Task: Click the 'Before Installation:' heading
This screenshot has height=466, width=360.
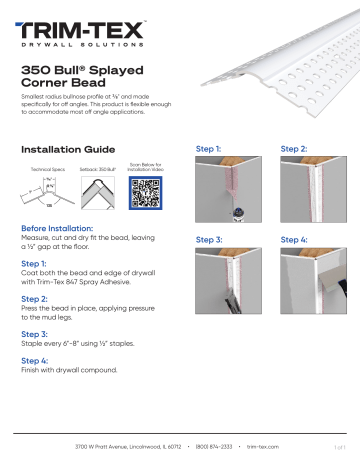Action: tap(59, 229)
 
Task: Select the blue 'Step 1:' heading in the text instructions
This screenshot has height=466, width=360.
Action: tap(34, 264)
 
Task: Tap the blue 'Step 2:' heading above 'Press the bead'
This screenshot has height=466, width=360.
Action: tap(34, 299)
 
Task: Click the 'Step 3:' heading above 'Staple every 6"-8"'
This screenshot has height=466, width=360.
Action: tap(34, 333)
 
